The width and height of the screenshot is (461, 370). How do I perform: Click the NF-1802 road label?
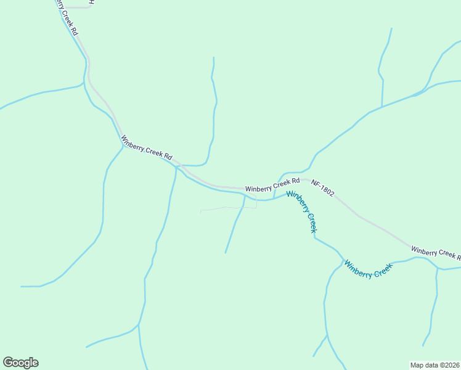click(x=323, y=188)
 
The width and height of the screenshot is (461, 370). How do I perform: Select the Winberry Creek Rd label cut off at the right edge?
click(x=436, y=252)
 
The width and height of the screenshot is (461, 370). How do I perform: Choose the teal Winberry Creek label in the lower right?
click(x=368, y=269)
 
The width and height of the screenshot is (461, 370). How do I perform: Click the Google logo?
click(x=20, y=363)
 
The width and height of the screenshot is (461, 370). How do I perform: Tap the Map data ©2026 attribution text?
click(x=434, y=364)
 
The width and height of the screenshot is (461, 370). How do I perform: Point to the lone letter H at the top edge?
click(x=91, y=2)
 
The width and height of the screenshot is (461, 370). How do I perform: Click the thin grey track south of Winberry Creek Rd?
click(x=228, y=208)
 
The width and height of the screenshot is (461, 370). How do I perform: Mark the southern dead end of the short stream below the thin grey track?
click(x=226, y=253)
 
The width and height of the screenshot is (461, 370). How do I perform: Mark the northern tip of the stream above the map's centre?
click(x=214, y=58)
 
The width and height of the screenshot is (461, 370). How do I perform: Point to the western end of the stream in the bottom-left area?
click(x=22, y=286)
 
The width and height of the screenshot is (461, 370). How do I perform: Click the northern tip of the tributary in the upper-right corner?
click(x=391, y=28)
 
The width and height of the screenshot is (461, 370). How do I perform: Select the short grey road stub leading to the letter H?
click(x=77, y=7)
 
